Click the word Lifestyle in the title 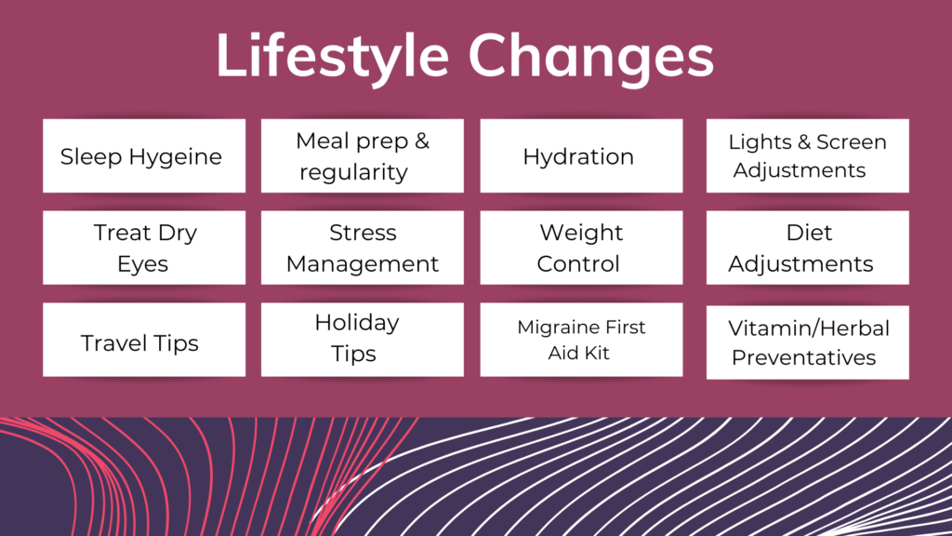[x=333, y=57]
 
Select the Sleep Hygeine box [x=144, y=155]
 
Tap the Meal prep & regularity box [x=363, y=155]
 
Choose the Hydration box [x=581, y=155]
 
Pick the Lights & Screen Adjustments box [x=808, y=155]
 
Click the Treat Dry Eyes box [x=144, y=248]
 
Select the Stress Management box [x=363, y=248]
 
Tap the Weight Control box [x=581, y=248]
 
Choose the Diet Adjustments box [x=808, y=248]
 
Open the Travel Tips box [x=144, y=340]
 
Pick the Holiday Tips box [x=363, y=340]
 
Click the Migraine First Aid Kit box [x=581, y=340]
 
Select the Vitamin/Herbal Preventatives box [x=808, y=342]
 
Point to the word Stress [x=364, y=233]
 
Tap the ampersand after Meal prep [x=422, y=141]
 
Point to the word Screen [x=852, y=141]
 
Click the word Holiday [x=357, y=323]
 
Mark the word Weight [x=581, y=234]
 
